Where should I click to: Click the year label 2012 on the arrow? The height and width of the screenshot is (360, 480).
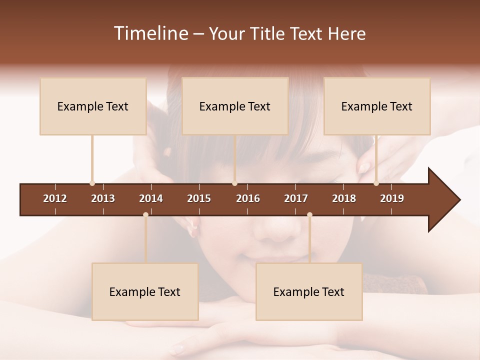(55, 198)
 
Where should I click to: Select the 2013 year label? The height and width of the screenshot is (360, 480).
(103, 198)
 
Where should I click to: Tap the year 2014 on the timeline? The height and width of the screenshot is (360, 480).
(151, 198)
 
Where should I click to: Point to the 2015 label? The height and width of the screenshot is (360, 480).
(199, 198)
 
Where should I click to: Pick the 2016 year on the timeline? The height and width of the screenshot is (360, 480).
(248, 198)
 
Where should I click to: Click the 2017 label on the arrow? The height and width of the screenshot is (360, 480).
(296, 198)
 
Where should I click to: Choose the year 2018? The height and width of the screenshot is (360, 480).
(344, 198)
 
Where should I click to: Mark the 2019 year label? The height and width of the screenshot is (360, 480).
(392, 198)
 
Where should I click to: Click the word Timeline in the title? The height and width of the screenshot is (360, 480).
(150, 33)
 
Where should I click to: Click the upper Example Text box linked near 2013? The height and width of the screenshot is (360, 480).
(93, 106)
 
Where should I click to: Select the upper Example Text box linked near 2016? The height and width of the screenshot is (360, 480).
(235, 106)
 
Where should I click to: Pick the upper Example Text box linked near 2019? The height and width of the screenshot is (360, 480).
(377, 106)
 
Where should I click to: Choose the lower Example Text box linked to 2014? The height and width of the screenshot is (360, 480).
(145, 292)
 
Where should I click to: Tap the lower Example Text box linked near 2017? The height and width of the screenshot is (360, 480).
(309, 292)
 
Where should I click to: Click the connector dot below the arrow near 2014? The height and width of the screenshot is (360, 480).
(145, 214)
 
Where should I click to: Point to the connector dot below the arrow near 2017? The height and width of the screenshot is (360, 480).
(309, 214)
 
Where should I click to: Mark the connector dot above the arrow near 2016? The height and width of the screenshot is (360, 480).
(234, 183)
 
